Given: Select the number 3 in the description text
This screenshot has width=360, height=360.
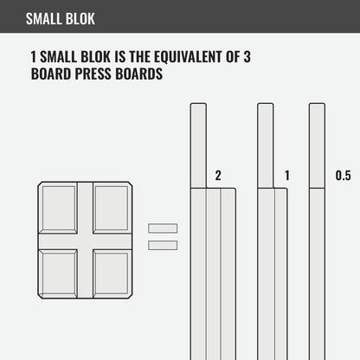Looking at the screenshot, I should pos(247,57).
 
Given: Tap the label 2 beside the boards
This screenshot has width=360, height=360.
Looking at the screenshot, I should pos(218,176).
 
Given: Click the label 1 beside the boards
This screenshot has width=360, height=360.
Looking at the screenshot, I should pos(286,176).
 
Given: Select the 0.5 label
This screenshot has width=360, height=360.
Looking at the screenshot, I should pos(343,176).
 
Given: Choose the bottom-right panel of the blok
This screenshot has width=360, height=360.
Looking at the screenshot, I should pos(112,273).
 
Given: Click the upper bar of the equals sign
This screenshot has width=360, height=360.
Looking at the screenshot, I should pos(163,228).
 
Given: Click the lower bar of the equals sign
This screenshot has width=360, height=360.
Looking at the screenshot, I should pos(163,245).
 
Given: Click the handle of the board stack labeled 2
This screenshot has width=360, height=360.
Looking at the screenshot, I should pos(198,143).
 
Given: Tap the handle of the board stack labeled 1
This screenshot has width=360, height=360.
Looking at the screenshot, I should pos(266,143).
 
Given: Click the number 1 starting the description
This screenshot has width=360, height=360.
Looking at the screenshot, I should pos(33,57).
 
